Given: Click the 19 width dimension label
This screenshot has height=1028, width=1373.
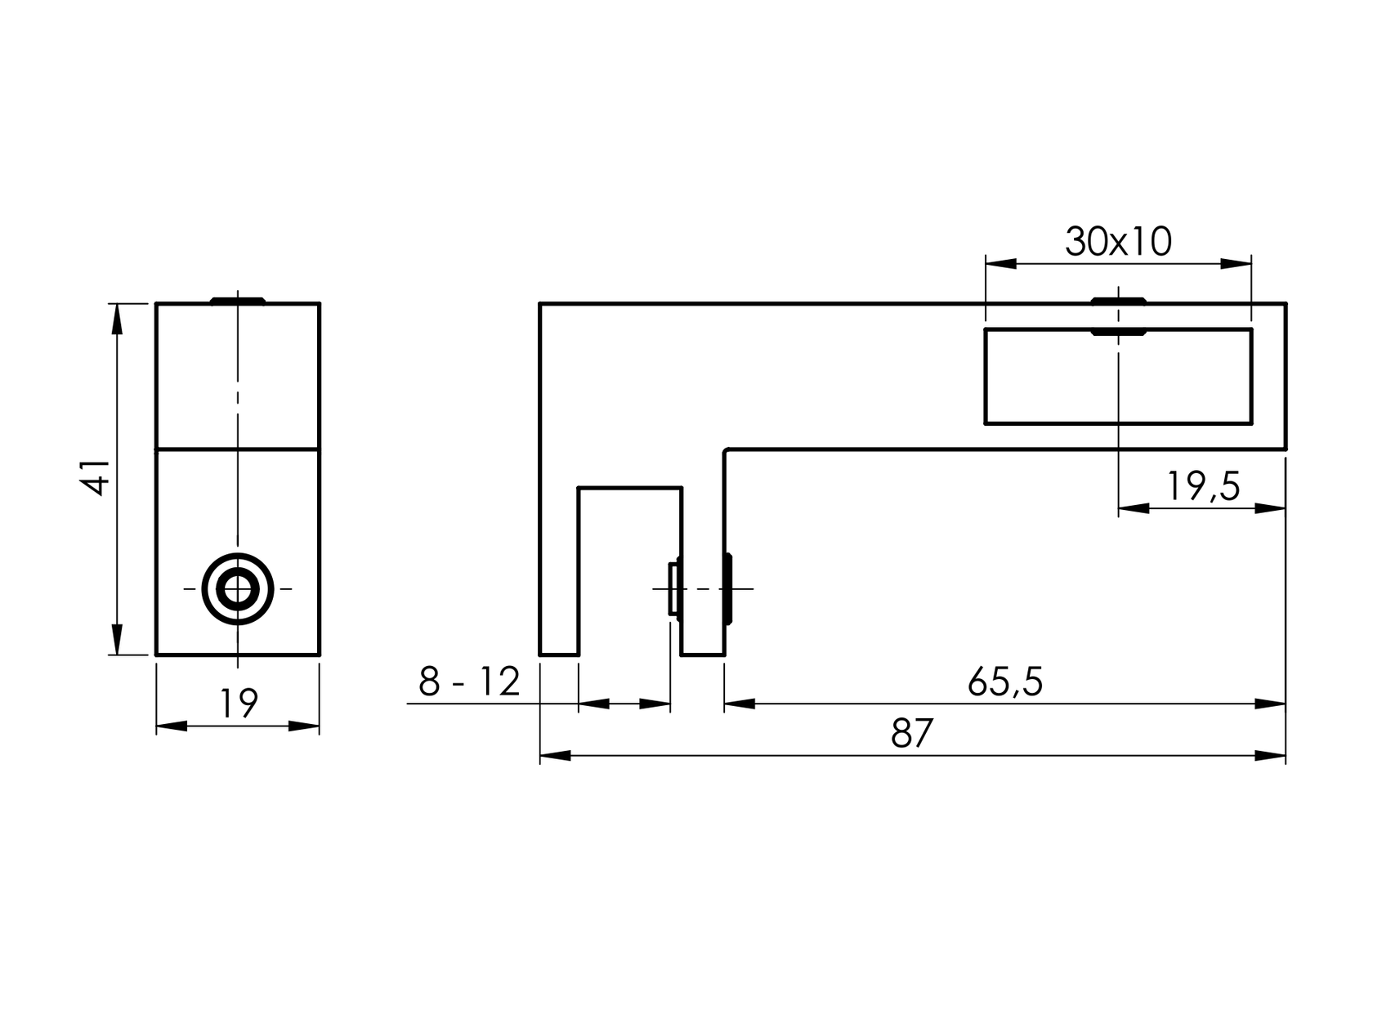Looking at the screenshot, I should [238, 704].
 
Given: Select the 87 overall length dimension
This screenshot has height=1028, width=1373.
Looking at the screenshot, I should [911, 734].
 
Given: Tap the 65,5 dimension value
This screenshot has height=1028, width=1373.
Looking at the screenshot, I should [1004, 682].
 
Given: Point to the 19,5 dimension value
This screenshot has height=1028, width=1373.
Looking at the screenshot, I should [1201, 487].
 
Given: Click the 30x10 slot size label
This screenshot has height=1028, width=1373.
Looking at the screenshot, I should [1117, 242].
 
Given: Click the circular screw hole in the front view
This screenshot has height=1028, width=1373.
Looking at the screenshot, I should [238, 588].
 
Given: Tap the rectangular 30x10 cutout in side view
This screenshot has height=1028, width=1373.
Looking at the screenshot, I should [1117, 377].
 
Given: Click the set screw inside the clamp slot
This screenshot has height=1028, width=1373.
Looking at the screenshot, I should [673, 588].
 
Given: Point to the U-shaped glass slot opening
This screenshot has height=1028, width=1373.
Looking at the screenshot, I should [629, 572].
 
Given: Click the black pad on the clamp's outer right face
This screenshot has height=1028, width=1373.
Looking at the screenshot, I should [727, 588].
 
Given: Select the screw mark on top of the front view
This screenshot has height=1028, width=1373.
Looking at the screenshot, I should [238, 301].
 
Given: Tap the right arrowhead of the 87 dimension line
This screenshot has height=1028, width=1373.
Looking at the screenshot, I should [1271, 756].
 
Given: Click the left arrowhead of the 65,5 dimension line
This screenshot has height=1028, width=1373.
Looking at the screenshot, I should [740, 704].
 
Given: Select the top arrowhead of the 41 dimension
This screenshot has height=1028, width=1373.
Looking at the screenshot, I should [117, 319].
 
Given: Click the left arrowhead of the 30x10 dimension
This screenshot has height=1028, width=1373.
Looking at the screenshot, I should [1001, 263].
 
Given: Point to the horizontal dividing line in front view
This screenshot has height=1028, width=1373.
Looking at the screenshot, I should [238, 449].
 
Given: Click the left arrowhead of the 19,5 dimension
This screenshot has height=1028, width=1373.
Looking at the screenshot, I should [1134, 508].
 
